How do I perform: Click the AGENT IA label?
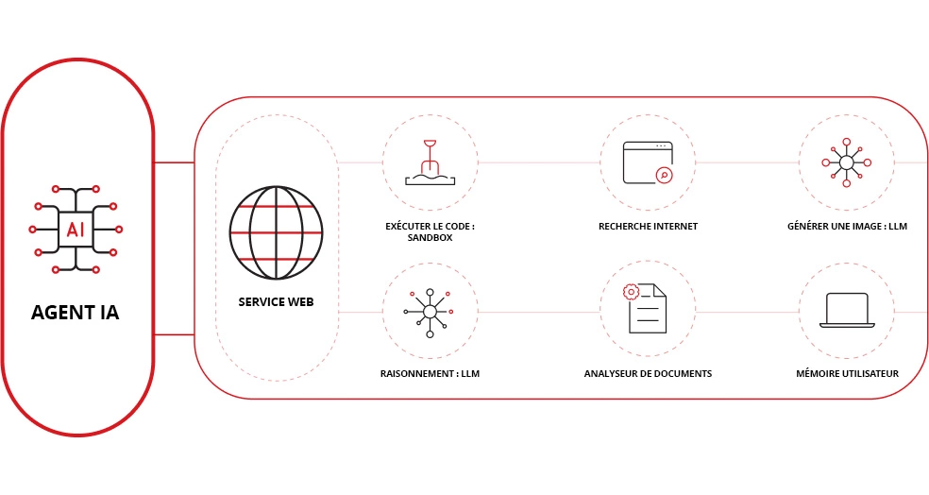coord(75,313)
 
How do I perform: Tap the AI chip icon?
coord(76,230)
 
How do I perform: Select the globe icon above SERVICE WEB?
coord(276,232)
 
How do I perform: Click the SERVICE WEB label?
coord(276,301)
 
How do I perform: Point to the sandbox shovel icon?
coord(431,162)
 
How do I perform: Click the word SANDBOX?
coord(431,238)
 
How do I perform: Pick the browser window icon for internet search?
coord(648,162)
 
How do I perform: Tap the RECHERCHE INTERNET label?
coord(648,227)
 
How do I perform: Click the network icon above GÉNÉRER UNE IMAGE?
coord(847,162)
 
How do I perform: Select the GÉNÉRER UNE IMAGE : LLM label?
coord(847,227)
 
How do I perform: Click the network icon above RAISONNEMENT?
coord(430,313)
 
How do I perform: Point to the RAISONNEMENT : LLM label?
coord(431,373)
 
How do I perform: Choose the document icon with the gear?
coord(645,308)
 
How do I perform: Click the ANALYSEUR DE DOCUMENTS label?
coord(648,373)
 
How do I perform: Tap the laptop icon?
coord(847,310)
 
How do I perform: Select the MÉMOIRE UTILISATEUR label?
coord(847,373)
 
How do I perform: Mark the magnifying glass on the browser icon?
coord(665,175)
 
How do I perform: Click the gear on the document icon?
coord(631,292)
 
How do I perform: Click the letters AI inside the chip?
coord(76,230)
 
